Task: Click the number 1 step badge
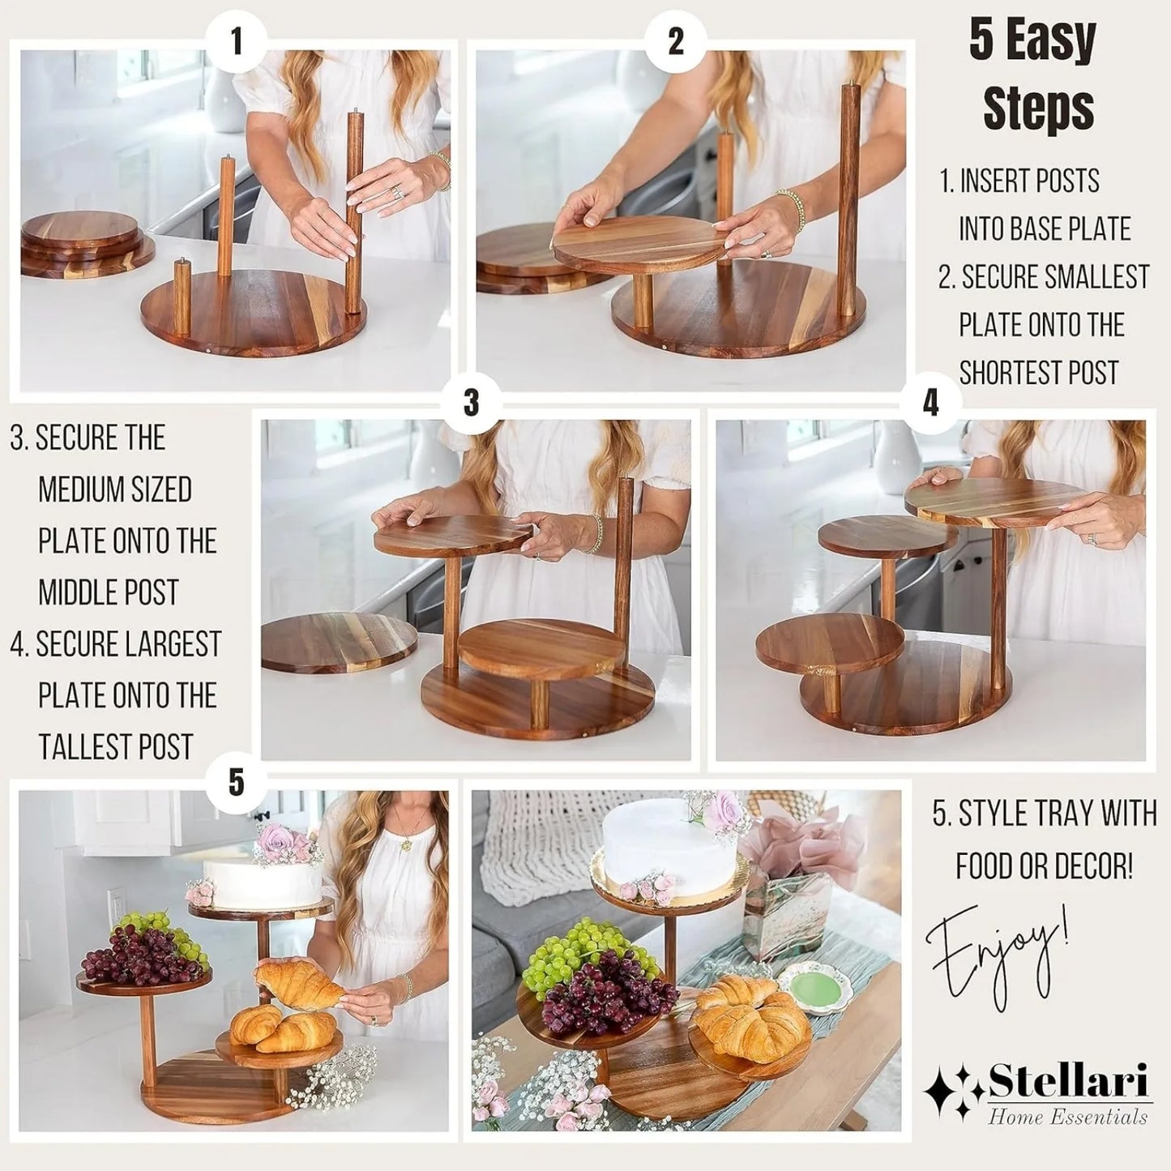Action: pyautogui.click(x=237, y=42)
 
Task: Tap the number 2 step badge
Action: pyautogui.click(x=676, y=42)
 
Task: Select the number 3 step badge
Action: pyautogui.click(x=472, y=402)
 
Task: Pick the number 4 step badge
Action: pyautogui.click(x=930, y=402)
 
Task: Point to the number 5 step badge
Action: pyautogui.click(x=237, y=782)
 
